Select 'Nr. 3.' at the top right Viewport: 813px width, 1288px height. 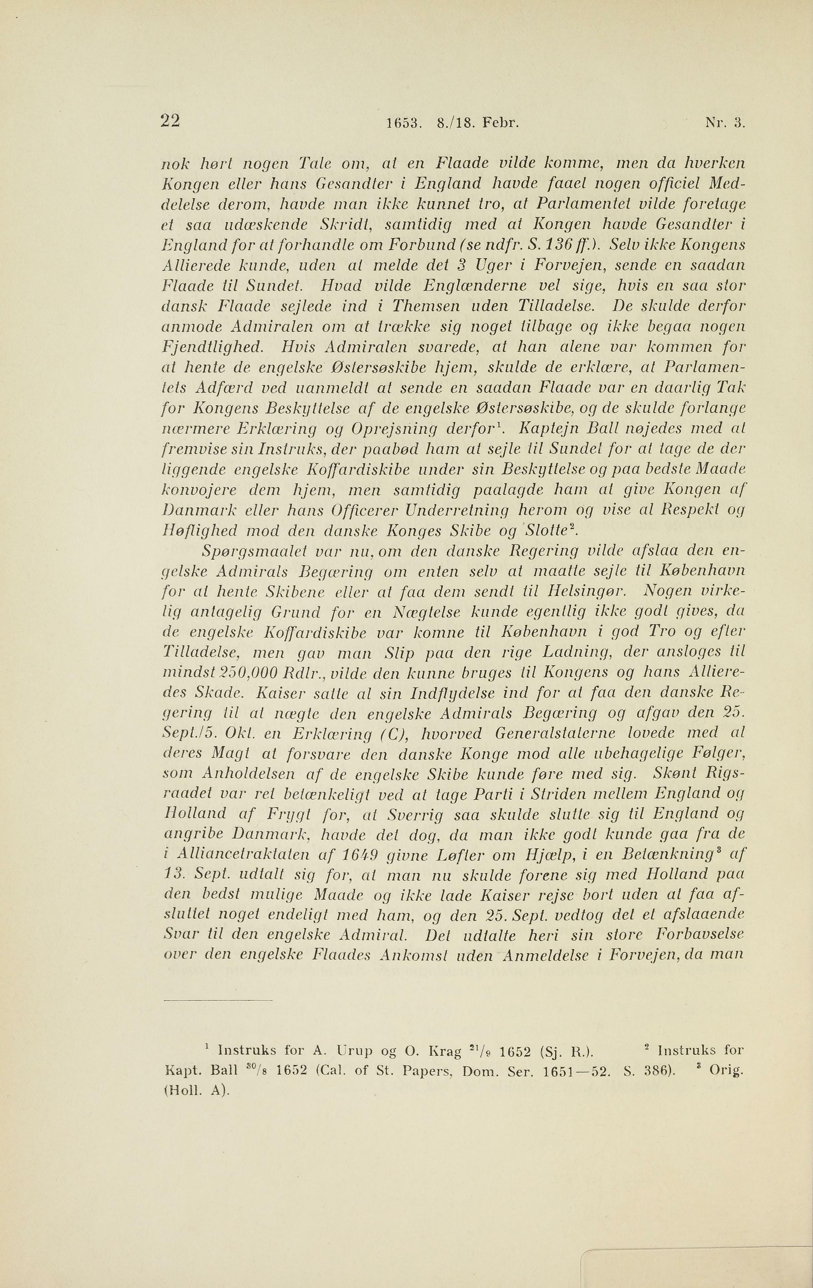coord(725,124)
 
